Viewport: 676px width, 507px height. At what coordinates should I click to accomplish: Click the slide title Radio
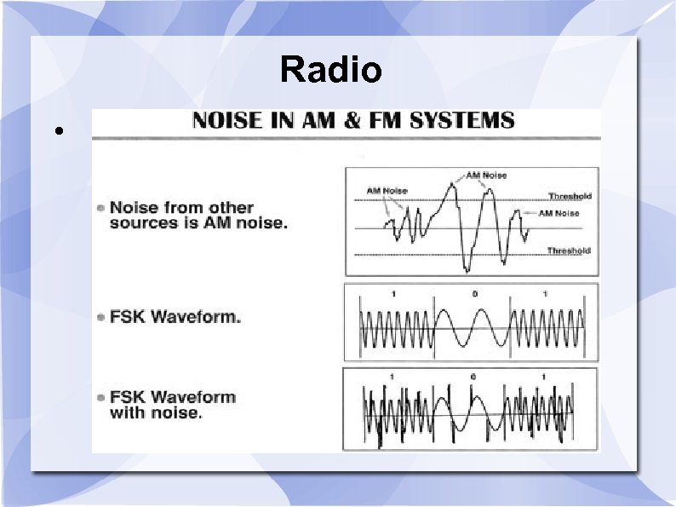click(331, 69)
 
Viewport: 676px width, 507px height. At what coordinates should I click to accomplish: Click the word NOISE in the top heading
click(226, 120)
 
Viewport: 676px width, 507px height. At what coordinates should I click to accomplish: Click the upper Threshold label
click(570, 197)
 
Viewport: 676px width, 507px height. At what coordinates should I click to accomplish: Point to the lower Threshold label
click(569, 251)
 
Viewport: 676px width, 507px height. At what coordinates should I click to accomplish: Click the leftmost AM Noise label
click(387, 191)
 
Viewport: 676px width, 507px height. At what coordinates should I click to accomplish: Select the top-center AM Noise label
click(485, 176)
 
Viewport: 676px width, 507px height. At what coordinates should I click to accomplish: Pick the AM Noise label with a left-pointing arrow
click(559, 213)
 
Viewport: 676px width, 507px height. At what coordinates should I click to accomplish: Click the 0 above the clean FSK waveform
click(475, 294)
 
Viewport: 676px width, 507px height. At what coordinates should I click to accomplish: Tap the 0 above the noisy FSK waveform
click(473, 377)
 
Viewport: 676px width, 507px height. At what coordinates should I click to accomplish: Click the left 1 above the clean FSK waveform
click(393, 294)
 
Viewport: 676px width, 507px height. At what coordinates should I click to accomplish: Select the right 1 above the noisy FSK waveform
click(542, 377)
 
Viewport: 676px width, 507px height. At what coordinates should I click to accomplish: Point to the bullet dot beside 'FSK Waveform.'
click(101, 318)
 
